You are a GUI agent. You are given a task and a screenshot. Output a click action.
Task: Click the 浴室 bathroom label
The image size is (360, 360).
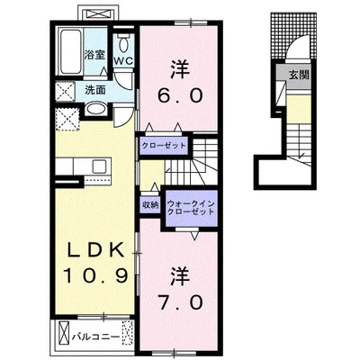pyautogui.click(x=94, y=55)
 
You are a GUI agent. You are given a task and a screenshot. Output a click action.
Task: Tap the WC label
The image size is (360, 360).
pyautogui.click(x=123, y=61)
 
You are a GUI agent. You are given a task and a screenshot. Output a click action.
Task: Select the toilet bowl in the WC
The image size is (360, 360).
pyautogui.click(x=123, y=44)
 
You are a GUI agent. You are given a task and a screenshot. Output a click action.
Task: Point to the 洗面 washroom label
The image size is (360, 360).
pyautogui.click(x=95, y=90)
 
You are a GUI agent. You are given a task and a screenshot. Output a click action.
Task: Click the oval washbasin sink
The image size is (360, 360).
pyautogui.click(x=95, y=108)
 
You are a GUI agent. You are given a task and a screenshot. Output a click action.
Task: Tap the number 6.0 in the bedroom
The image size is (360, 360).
pyautogui.click(x=181, y=95)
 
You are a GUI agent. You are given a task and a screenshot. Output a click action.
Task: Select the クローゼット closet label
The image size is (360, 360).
pyautogui.click(x=164, y=146)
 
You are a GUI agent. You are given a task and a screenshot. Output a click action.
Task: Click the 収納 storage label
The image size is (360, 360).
pyautogui.click(x=150, y=205)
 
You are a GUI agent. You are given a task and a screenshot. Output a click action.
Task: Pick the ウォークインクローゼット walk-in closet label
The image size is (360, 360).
pyautogui.click(x=191, y=207)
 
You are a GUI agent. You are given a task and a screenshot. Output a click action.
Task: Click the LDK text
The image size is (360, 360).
pyautogui.click(x=95, y=250)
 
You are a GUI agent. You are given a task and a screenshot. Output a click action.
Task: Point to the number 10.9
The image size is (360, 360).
pyautogui.click(x=96, y=275)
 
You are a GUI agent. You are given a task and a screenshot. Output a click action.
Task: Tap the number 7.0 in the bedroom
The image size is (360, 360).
pyautogui.click(x=181, y=302)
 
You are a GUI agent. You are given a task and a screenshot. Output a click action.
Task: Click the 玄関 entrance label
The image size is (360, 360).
pyautogui.click(x=299, y=75)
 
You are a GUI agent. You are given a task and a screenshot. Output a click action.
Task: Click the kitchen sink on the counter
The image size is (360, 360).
pyautogui.click(x=99, y=166)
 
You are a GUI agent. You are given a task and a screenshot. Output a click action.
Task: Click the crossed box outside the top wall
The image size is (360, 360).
pyautogui.click(x=99, y=14)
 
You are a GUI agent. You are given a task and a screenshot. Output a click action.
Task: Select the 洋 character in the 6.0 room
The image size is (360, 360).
pyautogui.click(x=180, y=69)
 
